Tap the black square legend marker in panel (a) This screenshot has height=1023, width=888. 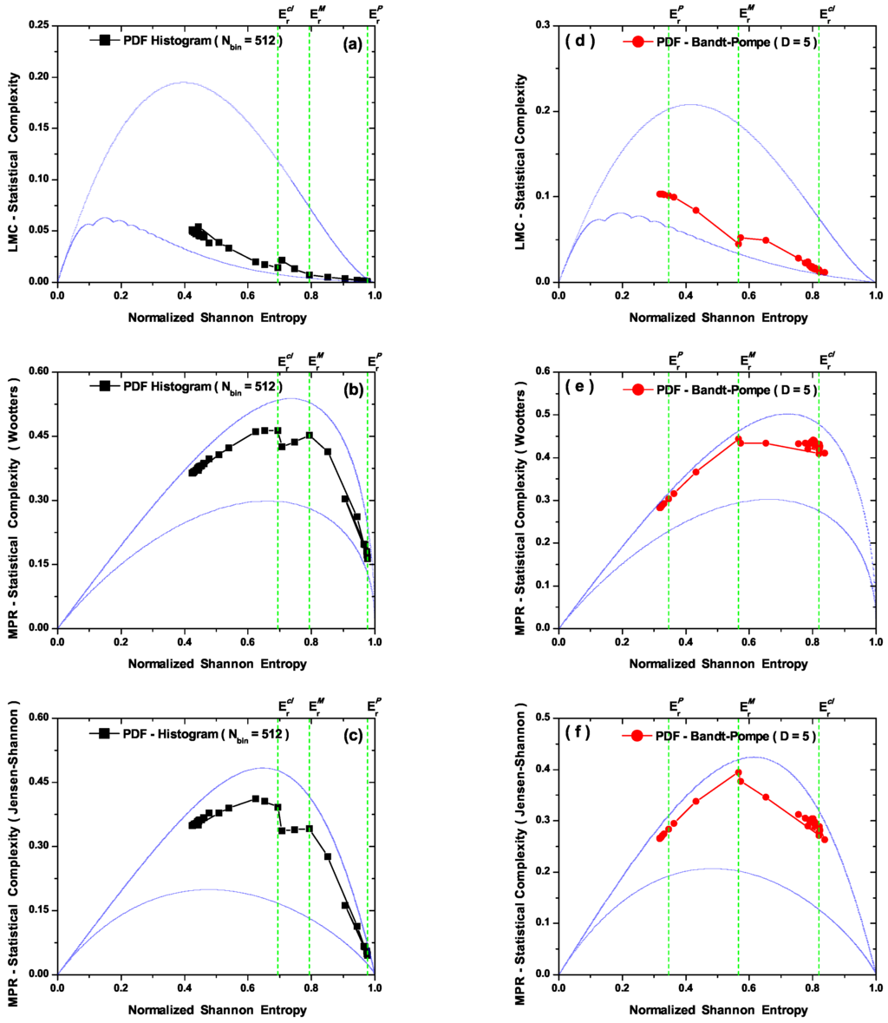105,40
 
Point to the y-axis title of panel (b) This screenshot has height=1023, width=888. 15,500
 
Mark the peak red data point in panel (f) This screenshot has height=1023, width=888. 738,772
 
